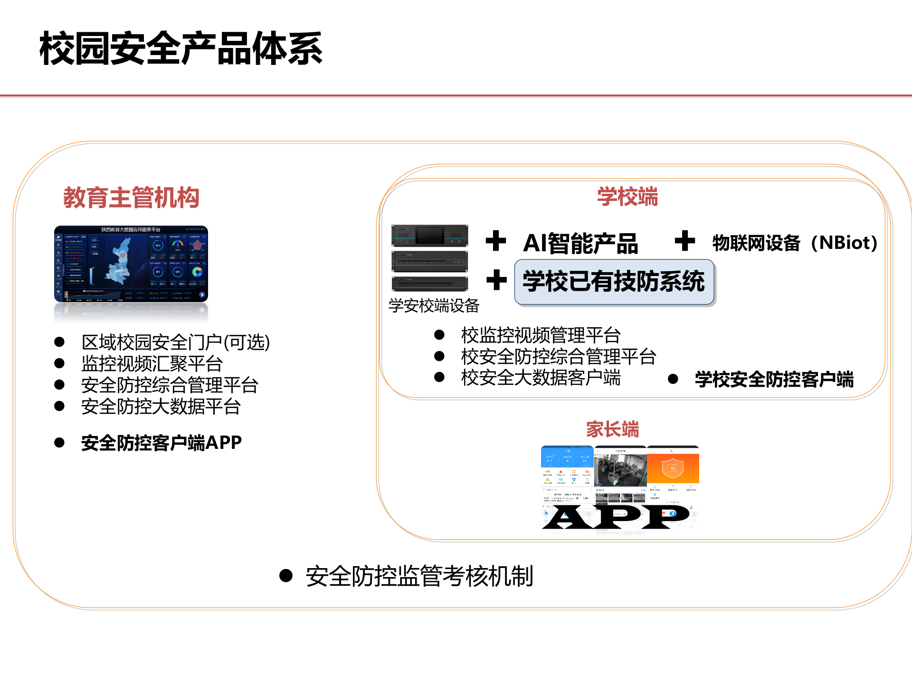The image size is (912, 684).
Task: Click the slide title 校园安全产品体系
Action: coord(181,48)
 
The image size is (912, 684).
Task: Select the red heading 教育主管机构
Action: coord(131,198)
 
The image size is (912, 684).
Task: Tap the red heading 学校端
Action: coord(627,197)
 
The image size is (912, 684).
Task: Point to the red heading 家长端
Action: coord(612,429)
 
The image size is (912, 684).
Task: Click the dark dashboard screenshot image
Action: coord(131,264)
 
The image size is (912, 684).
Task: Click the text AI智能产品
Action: coord(580,243)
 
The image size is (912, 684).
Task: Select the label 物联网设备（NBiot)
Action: coord(794,243)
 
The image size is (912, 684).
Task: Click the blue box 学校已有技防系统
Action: coord(614,282)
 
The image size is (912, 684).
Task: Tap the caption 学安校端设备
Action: coord(434,306)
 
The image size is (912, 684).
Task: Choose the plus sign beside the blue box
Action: coord(496,280)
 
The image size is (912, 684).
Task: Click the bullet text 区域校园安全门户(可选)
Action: coord(175,342)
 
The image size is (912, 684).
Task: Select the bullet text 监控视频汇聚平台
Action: coord(152,364)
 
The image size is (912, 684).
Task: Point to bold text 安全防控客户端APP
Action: coord(161,443)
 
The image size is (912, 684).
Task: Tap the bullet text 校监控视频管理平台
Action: coord(541,335)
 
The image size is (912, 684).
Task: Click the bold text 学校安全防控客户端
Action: coord(774,379)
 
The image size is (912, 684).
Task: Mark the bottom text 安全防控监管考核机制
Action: coord(419,576)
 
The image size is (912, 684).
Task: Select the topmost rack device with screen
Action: coord(429,236)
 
